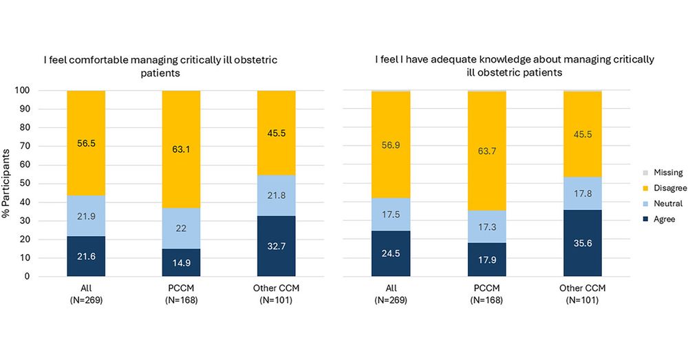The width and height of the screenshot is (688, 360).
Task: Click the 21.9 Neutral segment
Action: [86, 215]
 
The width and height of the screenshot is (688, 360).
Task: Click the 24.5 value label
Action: [391, 253]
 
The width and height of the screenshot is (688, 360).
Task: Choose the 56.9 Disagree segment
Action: [391, 145]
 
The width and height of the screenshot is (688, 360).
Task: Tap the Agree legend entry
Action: [659, 219]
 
